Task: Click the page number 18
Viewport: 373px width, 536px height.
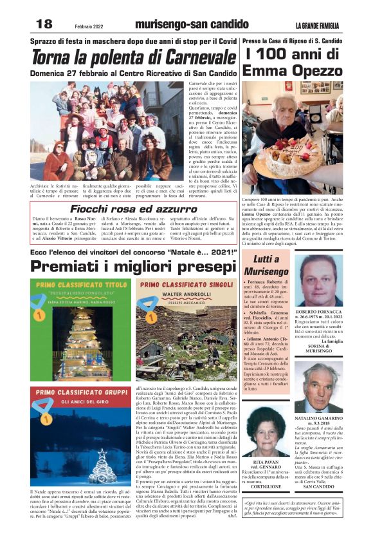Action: pyautogui.click(x=44, y=24)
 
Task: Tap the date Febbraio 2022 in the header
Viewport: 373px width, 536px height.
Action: pyautogui.click(x=88, y=24)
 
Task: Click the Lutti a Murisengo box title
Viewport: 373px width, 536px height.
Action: pyautogui.click(x=266, y=265)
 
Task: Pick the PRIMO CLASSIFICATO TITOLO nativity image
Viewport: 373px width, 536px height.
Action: pyautogui.click(x=71, y=329)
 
